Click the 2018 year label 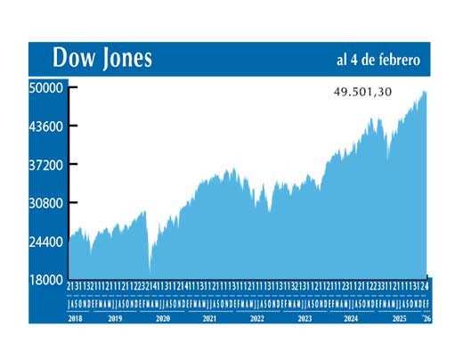pyautogui.click(x=77, y=317)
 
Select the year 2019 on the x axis pyautogui.click(x=115, y=317)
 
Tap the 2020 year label pyautogui.click(x=162, y=317)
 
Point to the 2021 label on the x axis pyautogui.click(x=209, y=317)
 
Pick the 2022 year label pyautogui.click(x=256, y=317)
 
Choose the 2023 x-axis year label pyautogui.click(x=304, y=317)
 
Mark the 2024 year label pyautogui.click(x=351, y=317)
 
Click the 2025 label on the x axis pyautogui.click(x=398, y=317)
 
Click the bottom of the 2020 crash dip pyautogui.click(x=150, y=270)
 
